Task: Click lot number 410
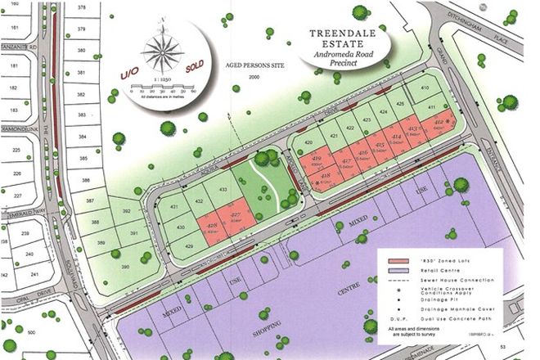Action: point(425,88)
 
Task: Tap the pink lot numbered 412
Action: point(441,124)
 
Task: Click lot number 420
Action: point(308,142)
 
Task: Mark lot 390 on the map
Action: point(125,268)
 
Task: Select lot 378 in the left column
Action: point(81,7)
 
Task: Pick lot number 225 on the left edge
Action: point(16,151)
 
